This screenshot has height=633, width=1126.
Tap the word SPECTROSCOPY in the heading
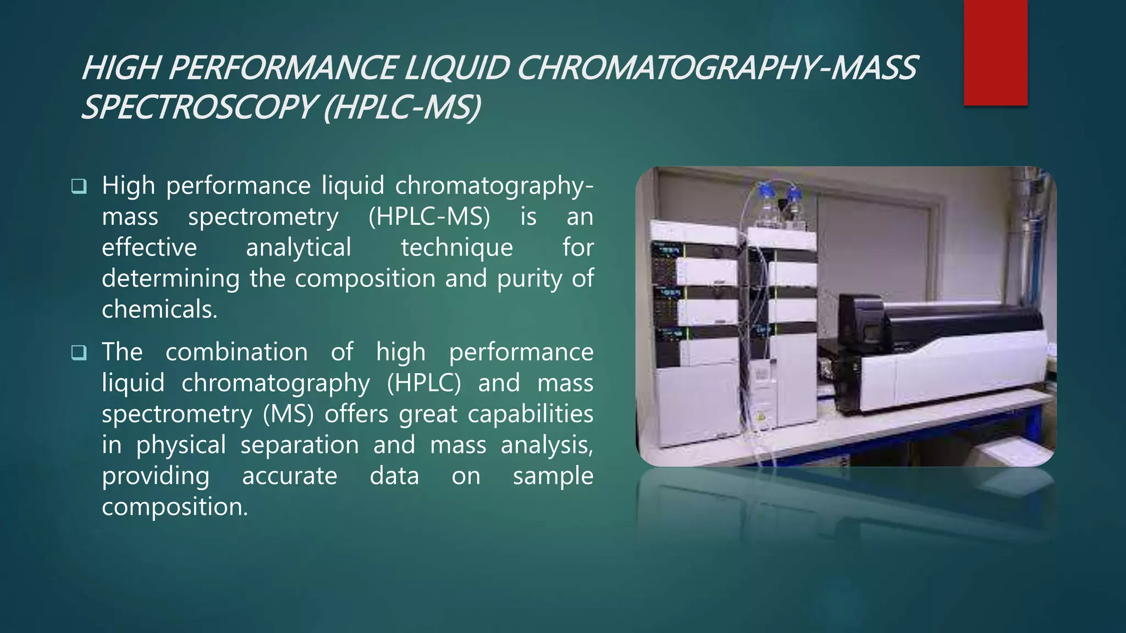(x=198, y=107)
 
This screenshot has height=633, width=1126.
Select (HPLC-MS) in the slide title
(x=402, y=107)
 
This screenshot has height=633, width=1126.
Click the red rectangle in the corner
(x=995, y=52)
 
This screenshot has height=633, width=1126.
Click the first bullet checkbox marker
(x=79, y=186)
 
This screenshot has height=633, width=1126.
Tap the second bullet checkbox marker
(x=79, y=353)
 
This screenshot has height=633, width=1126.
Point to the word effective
(x=149, y=247)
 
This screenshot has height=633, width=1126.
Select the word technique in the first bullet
(x=456, y=248)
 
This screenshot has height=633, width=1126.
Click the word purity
(x=530, y=279)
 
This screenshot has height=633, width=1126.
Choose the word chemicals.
(x=159, y=309)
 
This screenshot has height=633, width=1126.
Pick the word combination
(x=236, y=352)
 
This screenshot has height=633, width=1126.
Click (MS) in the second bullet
(x=288, y=414)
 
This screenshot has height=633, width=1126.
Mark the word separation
(x=300, y=445)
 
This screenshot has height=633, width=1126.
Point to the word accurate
(x=289, y=476)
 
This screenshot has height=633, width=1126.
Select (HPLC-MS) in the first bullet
(x=429, y=217)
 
